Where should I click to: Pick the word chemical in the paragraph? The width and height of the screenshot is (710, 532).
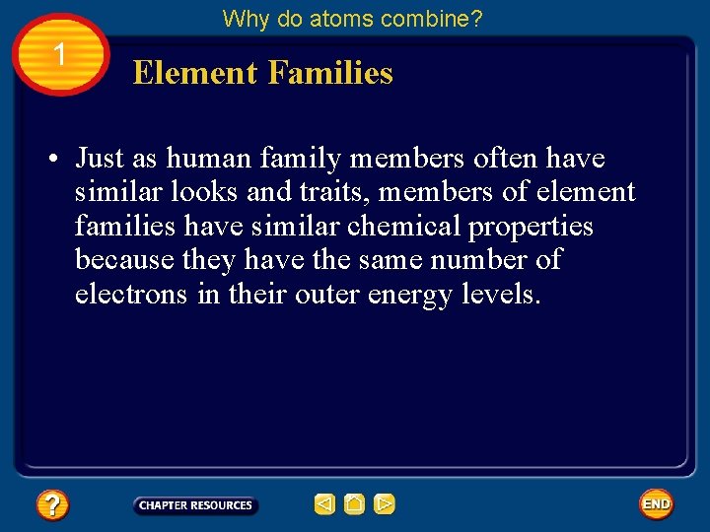pos(409,226)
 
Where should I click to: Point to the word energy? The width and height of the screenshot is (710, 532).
pos(410,294)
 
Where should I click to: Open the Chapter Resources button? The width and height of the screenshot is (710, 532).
pos(195,505)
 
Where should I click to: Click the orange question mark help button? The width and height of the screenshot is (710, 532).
pos(52,505)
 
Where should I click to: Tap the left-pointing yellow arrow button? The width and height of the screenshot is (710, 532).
pos(324,505)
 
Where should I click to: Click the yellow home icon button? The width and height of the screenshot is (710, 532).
pos(355,505)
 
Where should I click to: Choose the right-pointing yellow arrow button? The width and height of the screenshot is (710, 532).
pos(385,505)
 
